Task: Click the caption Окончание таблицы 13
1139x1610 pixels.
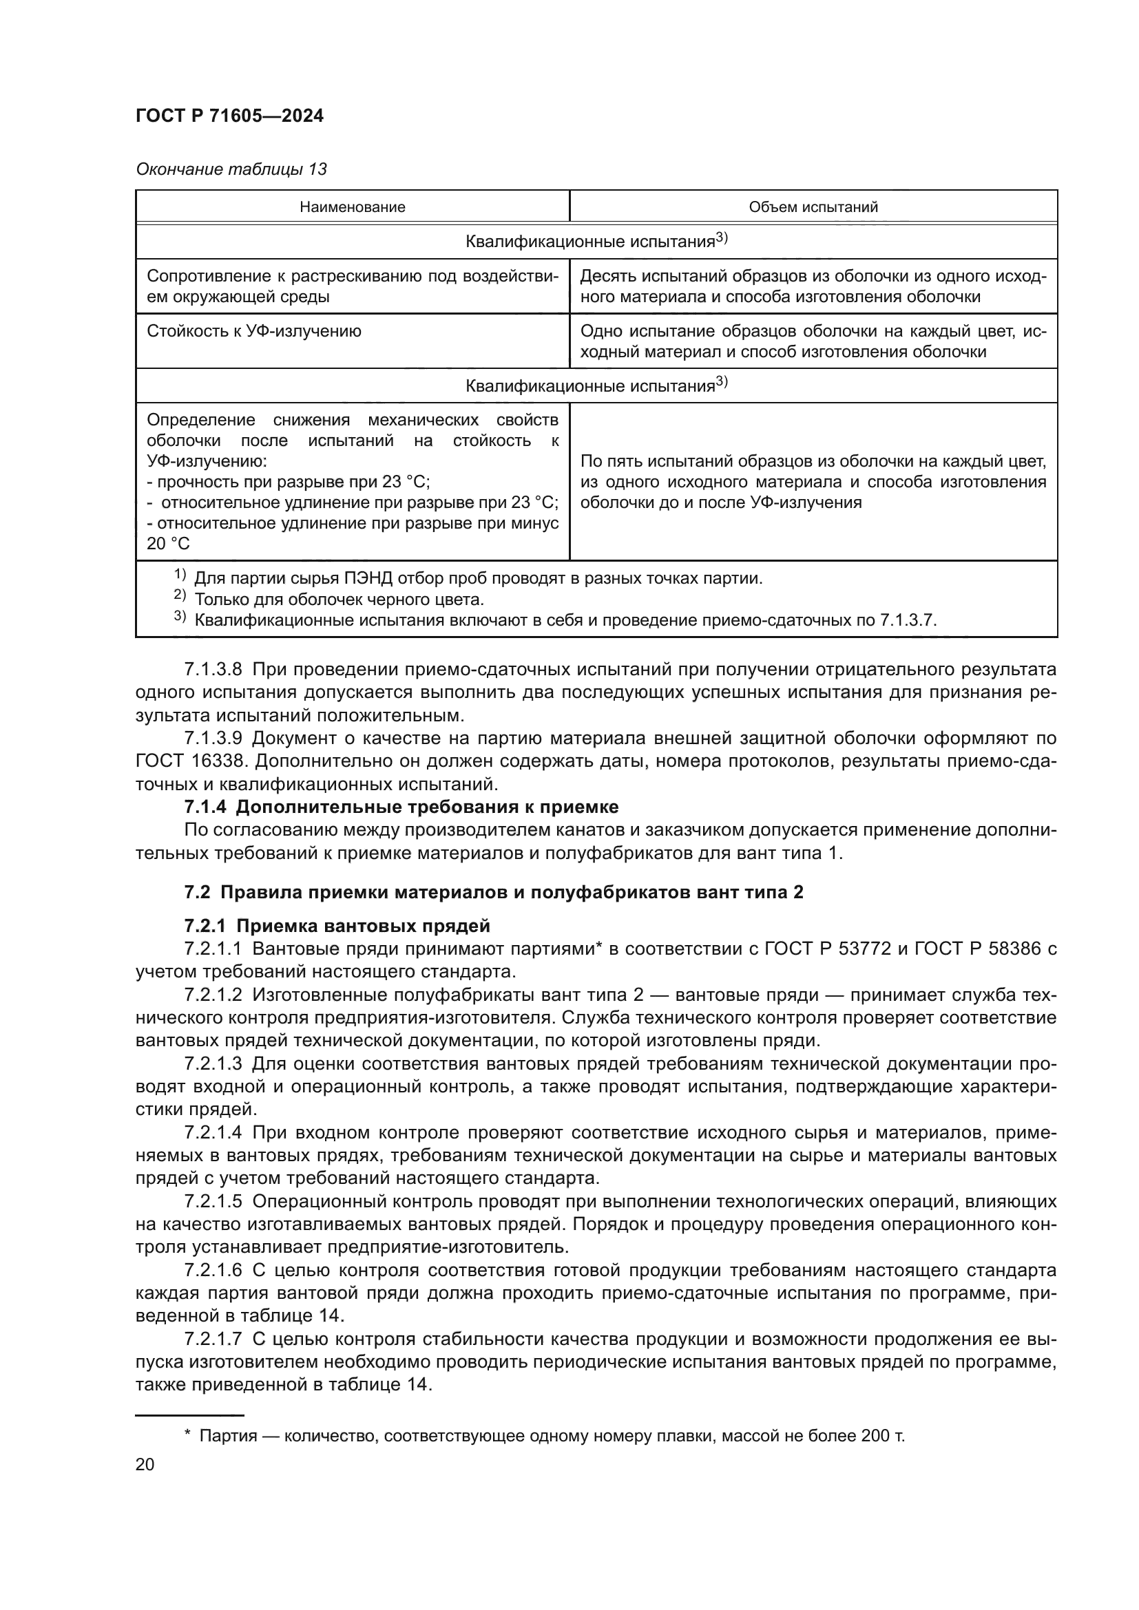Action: tap(231, 169)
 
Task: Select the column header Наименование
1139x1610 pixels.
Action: tap(352, 207)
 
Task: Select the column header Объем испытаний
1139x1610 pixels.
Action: tap(813, 207)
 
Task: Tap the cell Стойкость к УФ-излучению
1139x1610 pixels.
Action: tap(254, 331)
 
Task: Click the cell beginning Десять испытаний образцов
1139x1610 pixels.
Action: tap(813, 286)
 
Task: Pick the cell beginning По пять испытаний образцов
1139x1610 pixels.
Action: tap(813, 482)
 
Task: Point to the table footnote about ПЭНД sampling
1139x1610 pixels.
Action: tap(477, 578)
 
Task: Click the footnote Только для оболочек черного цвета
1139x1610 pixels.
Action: tap(339, 600)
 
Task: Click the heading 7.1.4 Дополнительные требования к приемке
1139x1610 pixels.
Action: tap(401, 807)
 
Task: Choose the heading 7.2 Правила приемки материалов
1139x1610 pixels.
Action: tap(493, 893)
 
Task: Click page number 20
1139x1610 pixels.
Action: tap(145, 1465)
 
